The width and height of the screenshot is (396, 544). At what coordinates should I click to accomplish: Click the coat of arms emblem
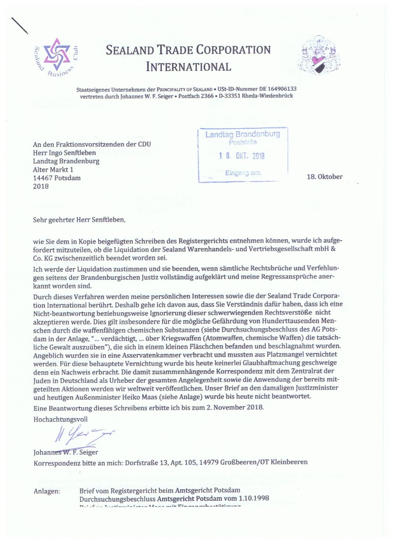[x=319, y=56]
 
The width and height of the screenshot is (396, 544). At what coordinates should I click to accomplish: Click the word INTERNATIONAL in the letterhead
[x=189, y=67]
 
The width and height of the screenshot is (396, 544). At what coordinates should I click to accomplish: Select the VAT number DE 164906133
[x=277, y=89]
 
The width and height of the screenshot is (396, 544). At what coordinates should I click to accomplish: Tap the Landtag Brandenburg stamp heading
[x=243, y=134]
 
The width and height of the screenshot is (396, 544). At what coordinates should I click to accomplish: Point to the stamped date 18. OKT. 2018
[x=242, y=156]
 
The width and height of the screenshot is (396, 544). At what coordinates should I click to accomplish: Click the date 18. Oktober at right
[x=324, y=177]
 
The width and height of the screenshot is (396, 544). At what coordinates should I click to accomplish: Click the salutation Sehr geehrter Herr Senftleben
[x=79, y=220]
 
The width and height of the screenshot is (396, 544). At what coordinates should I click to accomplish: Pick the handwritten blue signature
[x=84, y=435]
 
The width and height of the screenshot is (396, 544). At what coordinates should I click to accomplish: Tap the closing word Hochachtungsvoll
[x=60, y=419]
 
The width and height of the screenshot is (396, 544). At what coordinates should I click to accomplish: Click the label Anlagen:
[x=47, y=491]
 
